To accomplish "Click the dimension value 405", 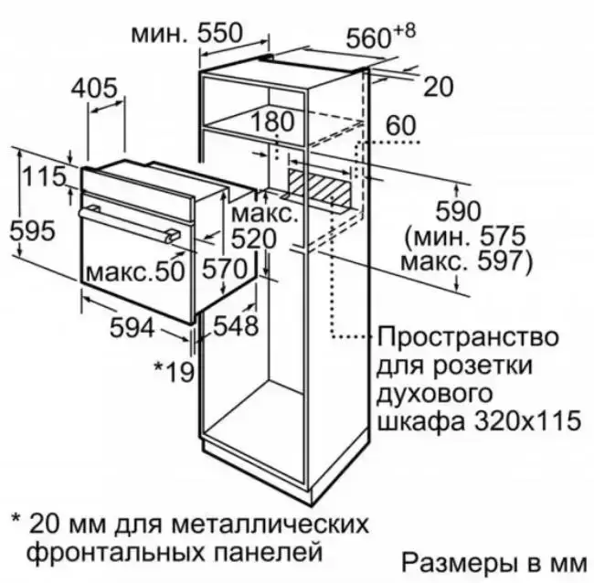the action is (94, 89).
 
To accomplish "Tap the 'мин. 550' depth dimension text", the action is (186, 33).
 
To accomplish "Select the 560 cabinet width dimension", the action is (368, 38).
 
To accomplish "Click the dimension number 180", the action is (272, 122).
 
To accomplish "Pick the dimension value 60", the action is (401, 126).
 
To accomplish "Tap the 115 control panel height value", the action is (45, 176).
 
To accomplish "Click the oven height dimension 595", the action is (32, 231).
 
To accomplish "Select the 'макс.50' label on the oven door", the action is (135, 271).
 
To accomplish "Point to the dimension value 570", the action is (224, 269).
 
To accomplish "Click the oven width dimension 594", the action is (133, 327).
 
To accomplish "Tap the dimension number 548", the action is (236, 325).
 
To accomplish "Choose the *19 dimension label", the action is (174, 372).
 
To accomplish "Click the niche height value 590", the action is (459, 211).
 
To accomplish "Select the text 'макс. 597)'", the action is (466, 261).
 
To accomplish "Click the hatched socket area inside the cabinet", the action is (318, 190).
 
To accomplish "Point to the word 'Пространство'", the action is (468, 337).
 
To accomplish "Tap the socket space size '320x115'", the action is (527, 420).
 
